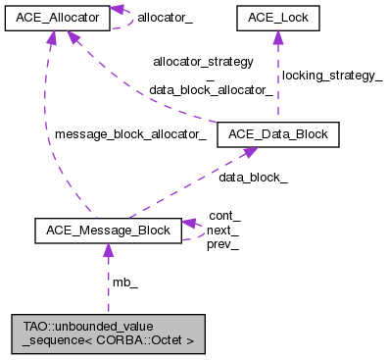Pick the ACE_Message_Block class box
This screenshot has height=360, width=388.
pos(107,231)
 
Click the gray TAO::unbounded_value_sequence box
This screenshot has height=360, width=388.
pos(108,334)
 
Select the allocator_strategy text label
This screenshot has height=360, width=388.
pos(203,61)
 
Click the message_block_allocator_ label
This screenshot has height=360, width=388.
pos(130,134)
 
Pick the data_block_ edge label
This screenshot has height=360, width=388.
pos(253,179)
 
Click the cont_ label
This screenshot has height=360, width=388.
pos(224,216)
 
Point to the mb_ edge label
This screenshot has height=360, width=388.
pos(125,283)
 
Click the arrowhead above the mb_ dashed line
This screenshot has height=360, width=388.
pos(107,251)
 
